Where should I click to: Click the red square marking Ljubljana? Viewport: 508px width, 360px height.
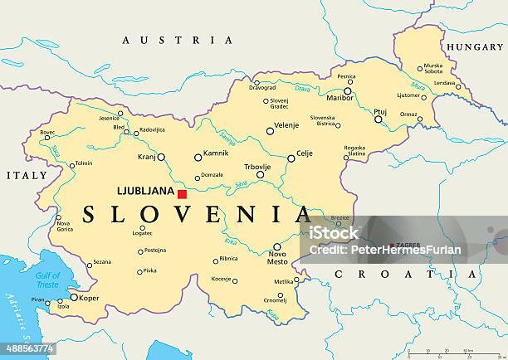click(x=182, y=193)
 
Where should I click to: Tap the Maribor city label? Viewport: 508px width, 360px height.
click(x=340, y=98)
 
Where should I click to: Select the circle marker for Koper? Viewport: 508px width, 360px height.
click(x=74, y=297)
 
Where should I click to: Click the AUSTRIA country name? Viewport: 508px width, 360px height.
click(x=178, y=40)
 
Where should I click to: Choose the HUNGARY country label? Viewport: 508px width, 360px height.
click(x=475, y=47)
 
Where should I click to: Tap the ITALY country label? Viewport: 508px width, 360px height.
click(x=26, y=176)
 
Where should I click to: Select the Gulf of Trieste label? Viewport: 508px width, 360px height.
click(x=48, y=280)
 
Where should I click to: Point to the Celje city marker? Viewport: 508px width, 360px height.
click(x=291, y=158)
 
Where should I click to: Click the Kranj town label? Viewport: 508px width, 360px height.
click(x=147, y=156)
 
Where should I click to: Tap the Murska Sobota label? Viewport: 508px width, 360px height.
click(x=433, y=68)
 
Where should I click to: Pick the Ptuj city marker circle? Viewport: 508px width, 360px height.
click(x=378, y=119)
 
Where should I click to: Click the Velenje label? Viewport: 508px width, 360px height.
click(x=286, y=125)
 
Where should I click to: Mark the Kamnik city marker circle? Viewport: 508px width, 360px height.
click(x=198, y=157)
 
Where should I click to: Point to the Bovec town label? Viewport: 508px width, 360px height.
click(x=48, y=132)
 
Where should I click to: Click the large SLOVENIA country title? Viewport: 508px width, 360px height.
click(x=196, y=216)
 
